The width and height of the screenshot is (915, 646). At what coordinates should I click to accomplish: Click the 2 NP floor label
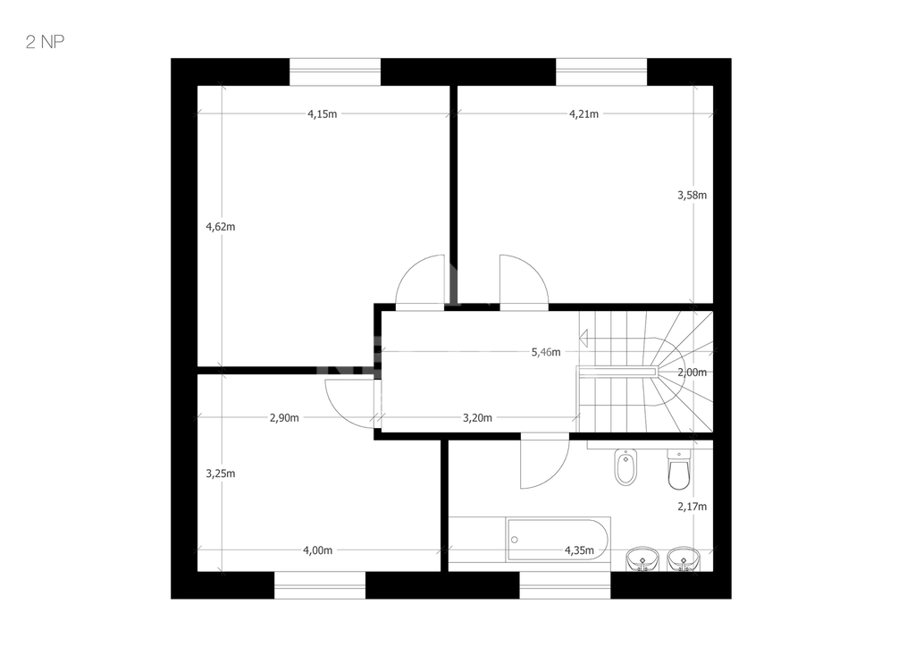45,42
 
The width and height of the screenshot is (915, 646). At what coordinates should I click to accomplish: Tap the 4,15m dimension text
322,113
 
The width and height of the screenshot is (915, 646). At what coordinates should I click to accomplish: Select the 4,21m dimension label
583,113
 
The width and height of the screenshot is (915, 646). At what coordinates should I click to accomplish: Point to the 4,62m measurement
221,226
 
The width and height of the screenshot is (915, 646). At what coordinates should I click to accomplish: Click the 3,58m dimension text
693,195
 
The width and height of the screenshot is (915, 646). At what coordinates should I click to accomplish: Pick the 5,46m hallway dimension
546,352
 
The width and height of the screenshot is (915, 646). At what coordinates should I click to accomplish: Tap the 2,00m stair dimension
693,373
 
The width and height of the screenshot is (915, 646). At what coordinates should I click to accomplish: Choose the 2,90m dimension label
284,418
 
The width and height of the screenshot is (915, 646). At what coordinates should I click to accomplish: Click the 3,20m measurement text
477,418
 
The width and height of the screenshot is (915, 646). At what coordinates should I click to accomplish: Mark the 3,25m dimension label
221,474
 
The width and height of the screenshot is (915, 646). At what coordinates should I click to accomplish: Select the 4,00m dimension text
317,550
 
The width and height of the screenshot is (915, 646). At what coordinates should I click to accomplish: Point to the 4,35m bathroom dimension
579,550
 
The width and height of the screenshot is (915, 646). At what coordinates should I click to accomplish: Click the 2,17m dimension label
693,507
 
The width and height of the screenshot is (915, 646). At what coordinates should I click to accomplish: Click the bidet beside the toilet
625,467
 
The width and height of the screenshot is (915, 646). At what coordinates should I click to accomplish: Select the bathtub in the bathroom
558,540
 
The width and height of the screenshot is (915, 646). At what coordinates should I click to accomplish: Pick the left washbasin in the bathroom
642,559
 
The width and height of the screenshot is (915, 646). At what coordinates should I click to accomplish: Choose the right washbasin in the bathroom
684,559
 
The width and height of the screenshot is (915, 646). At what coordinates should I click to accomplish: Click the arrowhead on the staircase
583,338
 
